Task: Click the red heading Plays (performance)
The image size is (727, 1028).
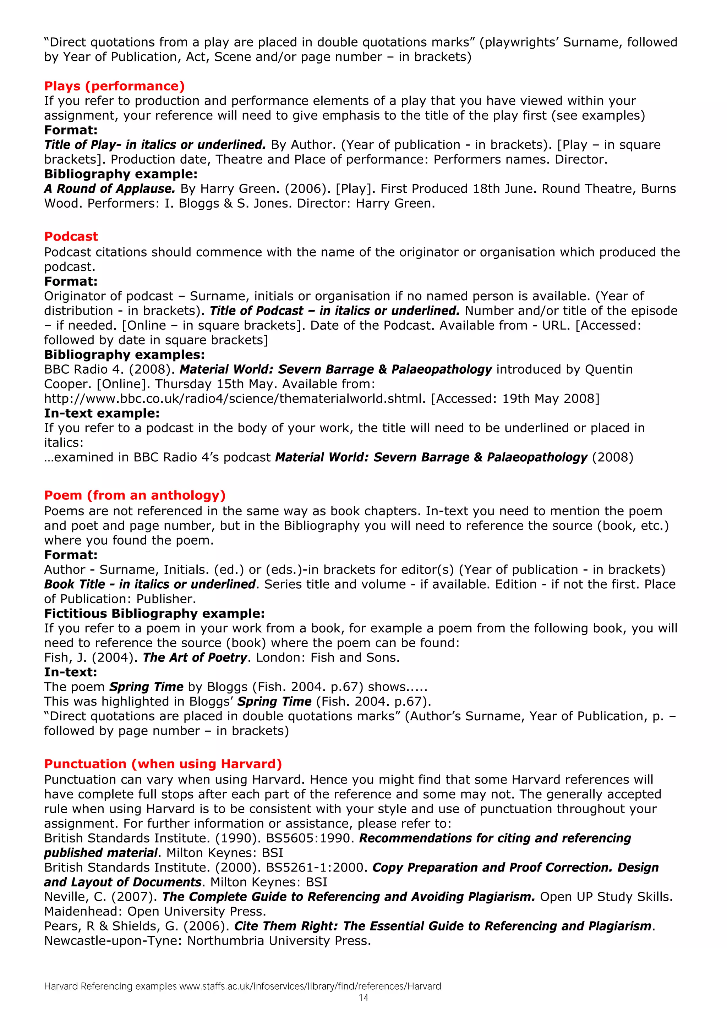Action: [x=114, y=86]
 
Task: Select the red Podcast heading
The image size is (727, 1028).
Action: [x=71, y=236]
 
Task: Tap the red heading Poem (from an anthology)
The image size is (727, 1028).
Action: [x=135, y=495]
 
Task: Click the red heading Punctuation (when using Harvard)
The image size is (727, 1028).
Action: [x=163, y=764]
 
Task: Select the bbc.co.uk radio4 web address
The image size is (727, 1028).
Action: [x=234, y=398]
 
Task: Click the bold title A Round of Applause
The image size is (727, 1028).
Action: [x=109, y=188]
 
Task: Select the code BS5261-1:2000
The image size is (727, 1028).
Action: [x=317, y=867]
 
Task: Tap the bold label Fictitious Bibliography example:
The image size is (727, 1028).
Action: [x=154, y=614]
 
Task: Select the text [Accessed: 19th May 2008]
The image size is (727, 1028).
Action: [x=515, y=398]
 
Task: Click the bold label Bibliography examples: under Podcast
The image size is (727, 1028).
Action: [x=124, y=354]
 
